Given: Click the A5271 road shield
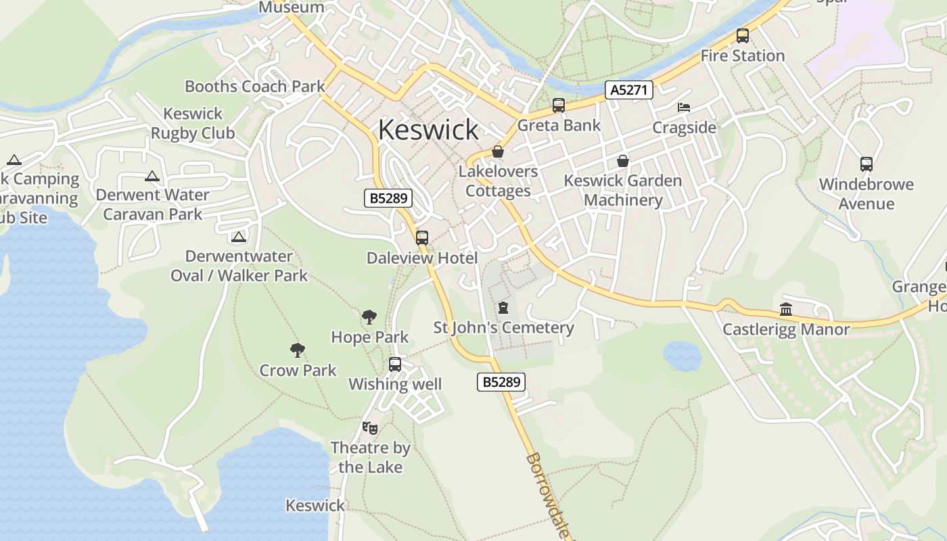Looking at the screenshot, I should [629, 90].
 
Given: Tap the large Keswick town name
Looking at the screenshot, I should [428, 129].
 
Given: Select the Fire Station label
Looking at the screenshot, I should [742, 55].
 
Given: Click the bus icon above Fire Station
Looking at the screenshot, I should [742, 36].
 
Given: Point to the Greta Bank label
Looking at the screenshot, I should [559, 125].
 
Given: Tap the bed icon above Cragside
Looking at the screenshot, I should [684, 108].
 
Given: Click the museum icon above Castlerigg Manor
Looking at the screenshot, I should [786, 309].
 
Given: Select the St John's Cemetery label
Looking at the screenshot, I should [503, 328].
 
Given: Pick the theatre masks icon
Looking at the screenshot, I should [369, 427].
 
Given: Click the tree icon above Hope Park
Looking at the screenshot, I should [369, 316].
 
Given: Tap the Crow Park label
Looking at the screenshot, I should [298, 371].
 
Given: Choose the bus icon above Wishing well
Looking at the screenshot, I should [395, 364].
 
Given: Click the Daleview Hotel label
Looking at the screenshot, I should [422, 258].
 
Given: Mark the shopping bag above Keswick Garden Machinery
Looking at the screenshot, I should [622, 161].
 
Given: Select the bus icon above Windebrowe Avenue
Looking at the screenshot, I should [866, 164].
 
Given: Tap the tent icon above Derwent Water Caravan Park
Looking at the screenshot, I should [152, 177].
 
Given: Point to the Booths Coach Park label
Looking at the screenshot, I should [255, 87].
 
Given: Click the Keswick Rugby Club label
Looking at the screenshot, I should [193, 123].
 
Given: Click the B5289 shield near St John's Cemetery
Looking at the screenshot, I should [501, 382].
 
